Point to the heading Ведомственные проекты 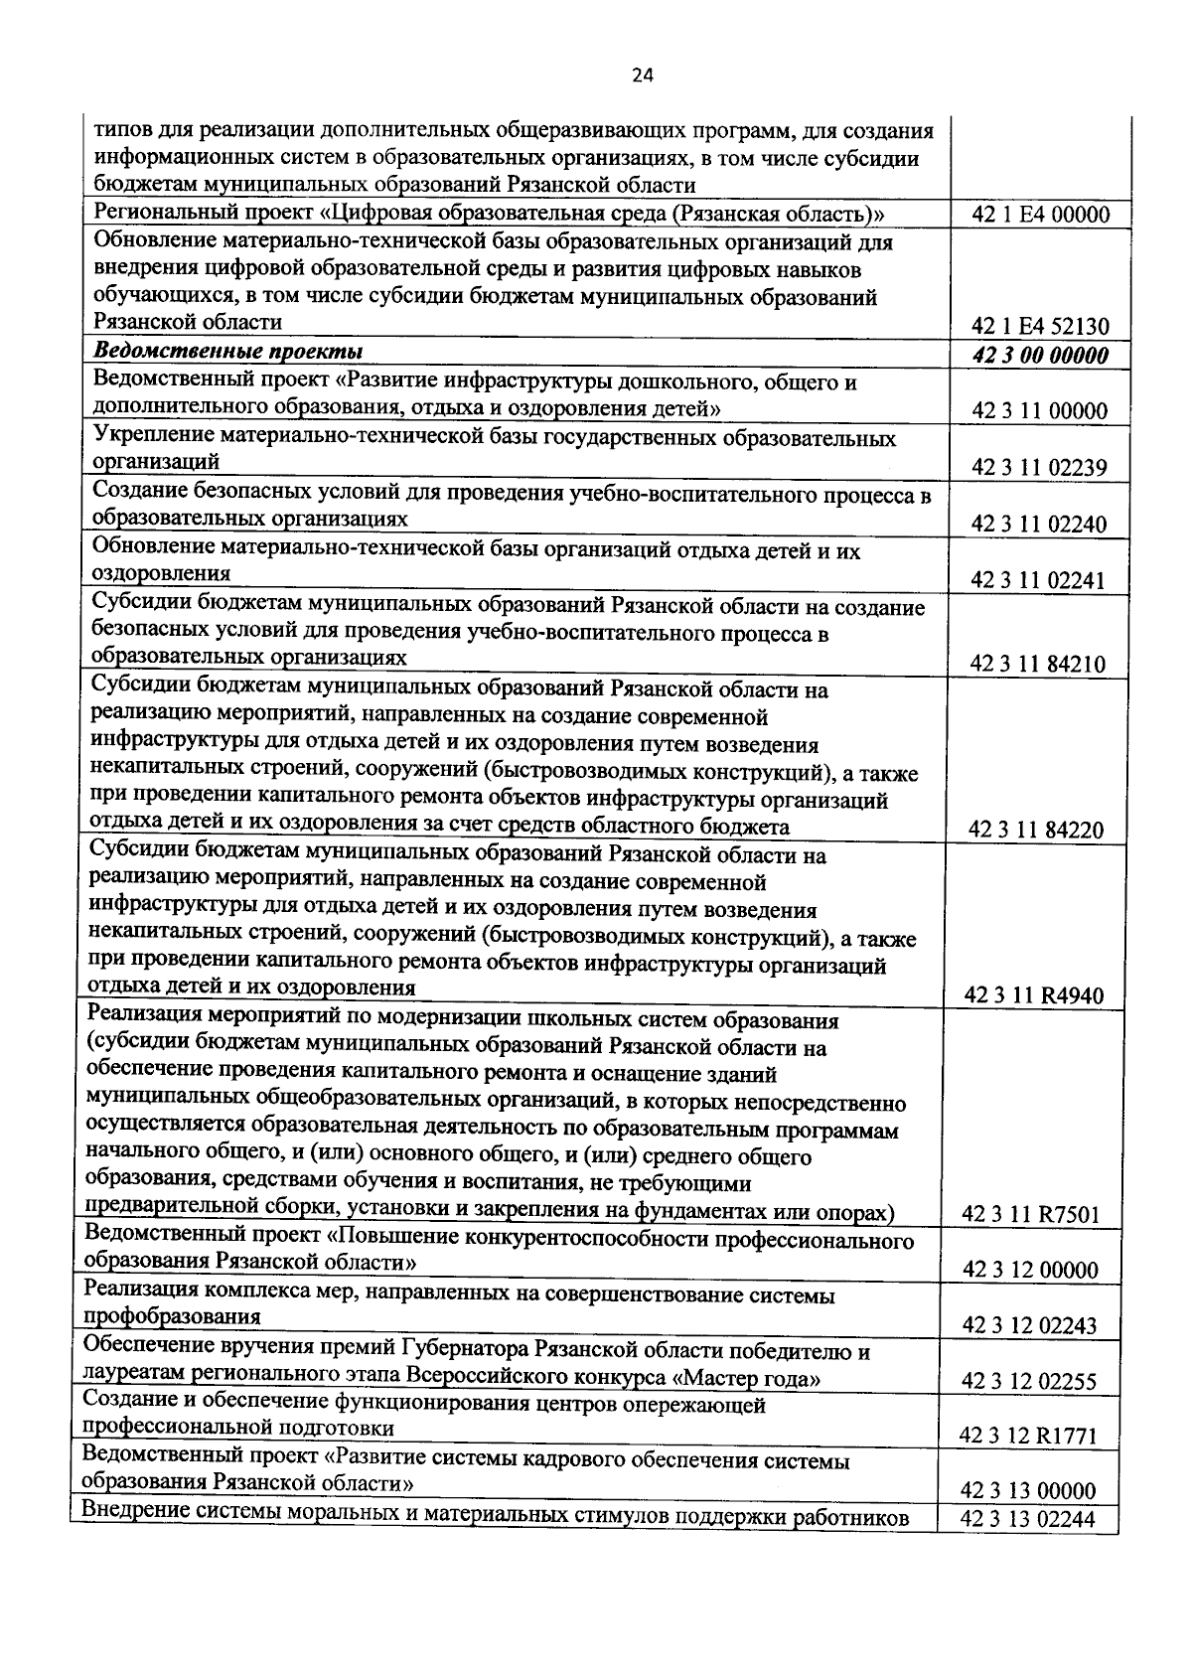coord(227,353)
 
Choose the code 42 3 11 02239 coord(1040,468)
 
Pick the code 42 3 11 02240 coord(1040,525)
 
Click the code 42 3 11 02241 coord(1040,580)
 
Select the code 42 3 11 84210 coord(1040,665)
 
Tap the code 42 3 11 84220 coord(1040,831)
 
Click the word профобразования coord(173,1317)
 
